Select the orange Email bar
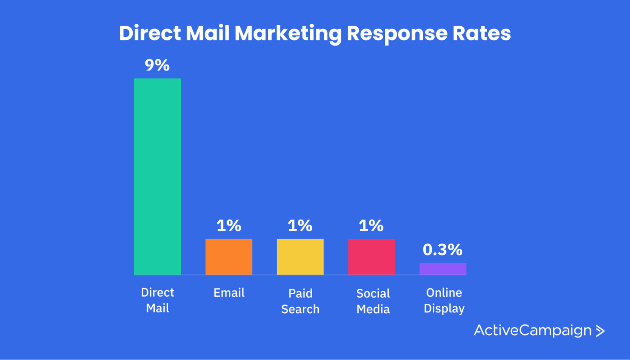(229, 257)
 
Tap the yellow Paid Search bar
(300, 257)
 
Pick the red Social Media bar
(371, 257)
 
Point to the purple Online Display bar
(443, 269)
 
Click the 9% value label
(157, 65)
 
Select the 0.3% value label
(443, 249)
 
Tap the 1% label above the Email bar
(229, 225)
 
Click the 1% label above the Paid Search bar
(300, 225)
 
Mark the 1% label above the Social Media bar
(371, 225)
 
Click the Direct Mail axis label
(157, 300)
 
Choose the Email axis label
(229, 293)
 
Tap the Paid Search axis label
(300, 301)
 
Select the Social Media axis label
(373, 301)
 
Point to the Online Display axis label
(444, 300)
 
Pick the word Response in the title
(397, 33)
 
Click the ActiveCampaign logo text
(532, 330)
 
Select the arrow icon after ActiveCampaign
(600, 331)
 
